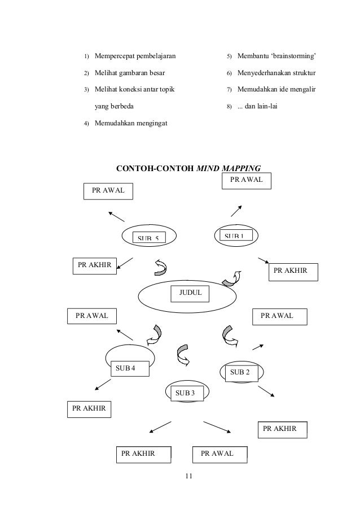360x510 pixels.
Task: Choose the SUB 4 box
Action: (x=129, y=368)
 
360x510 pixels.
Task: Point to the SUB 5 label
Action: (x=149, y=238)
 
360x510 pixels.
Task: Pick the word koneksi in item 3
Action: (x=129, y=90)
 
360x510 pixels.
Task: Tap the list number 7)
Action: (x=229, y=90)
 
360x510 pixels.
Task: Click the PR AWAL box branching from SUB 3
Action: (x=217, y=454)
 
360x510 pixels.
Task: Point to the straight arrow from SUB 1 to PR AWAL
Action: (x=236, y=210)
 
